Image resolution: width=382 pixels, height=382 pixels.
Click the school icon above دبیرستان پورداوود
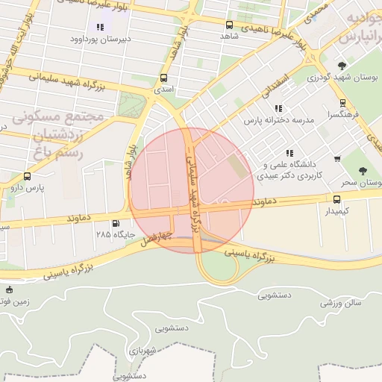tap(100, 28)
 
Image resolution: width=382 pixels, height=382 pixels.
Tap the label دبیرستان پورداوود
tap(101, 38)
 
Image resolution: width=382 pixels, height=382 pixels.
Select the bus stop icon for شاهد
tap(229, 25)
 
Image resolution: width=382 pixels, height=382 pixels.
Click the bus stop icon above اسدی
tap(164, 78)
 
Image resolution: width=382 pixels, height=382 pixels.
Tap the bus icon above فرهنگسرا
tap(342, 104)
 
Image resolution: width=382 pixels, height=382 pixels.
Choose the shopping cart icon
tap(337, 158)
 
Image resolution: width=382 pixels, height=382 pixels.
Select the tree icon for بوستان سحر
tap(363, 172)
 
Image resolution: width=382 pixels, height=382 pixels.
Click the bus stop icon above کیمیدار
tap(336, 199)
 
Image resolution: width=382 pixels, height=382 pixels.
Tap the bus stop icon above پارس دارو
tap(28, 177)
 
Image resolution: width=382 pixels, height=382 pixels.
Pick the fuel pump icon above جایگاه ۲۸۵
tap(115, 223)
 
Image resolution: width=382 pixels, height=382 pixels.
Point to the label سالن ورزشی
tap(341, 303)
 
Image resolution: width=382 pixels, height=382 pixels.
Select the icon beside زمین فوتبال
tap(9, 289)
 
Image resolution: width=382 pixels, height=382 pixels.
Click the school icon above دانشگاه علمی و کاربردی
tap(289, 153)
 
